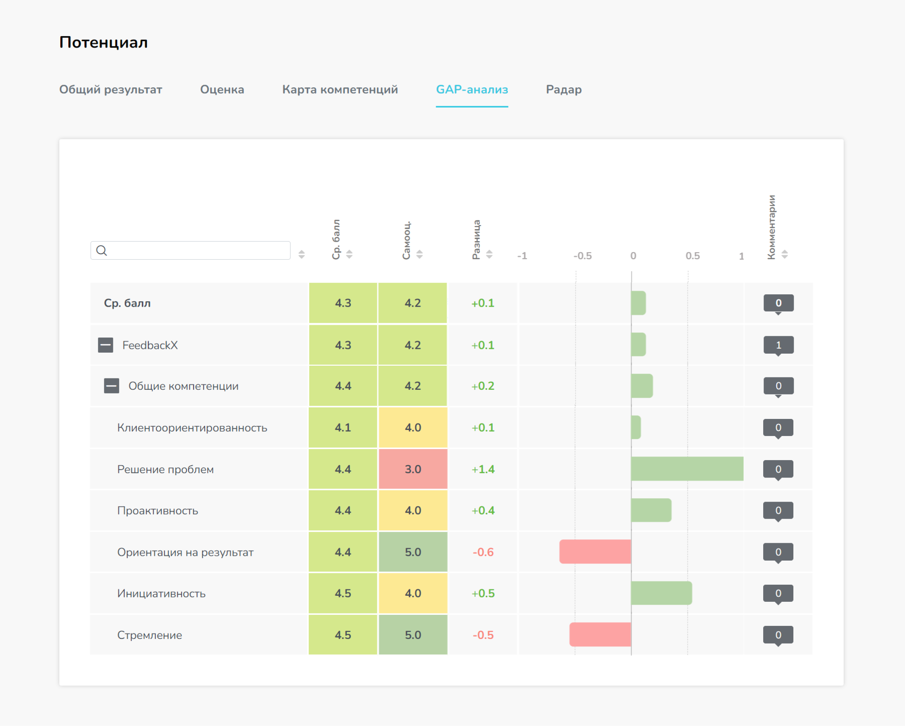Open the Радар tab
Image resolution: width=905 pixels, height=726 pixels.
(x=563, y=89)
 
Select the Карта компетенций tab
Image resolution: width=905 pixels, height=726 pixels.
(x=340, y=89)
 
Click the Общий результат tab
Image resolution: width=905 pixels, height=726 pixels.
(x=110, y=89)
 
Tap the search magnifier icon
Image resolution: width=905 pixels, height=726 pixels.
(x=102, y=250)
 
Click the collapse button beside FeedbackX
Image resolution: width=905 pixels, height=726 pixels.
(x=105, y=345)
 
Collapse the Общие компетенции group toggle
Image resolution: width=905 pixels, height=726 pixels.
(x=112, y=386)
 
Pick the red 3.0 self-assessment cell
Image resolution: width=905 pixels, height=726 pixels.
(x=413, y=469)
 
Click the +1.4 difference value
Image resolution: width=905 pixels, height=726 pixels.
(x=483, y=469)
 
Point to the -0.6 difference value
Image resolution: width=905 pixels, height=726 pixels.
(x=483, y=552)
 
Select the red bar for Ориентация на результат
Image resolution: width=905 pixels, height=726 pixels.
(x=595, y=552)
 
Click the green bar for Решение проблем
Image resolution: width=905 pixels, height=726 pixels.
(x=687, y=468)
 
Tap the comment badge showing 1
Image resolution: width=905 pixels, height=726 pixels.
(x=778, y=345)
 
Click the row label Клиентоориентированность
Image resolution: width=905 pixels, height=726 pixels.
(x=192, y=428)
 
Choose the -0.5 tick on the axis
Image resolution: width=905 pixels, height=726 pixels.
(x=582, y=256)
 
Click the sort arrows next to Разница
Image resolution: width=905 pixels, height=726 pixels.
(x=489, y=254)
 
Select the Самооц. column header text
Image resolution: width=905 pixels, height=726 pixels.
(x=406, y=240)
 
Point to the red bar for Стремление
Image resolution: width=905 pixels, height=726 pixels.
(x=600, y=635)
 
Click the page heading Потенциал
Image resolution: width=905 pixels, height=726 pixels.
(x=103, y=42)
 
